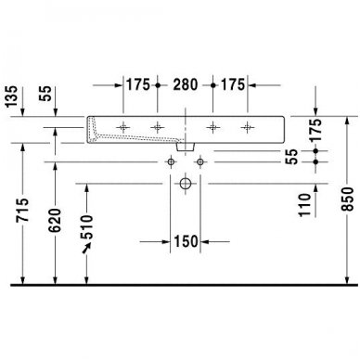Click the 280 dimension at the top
186,84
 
